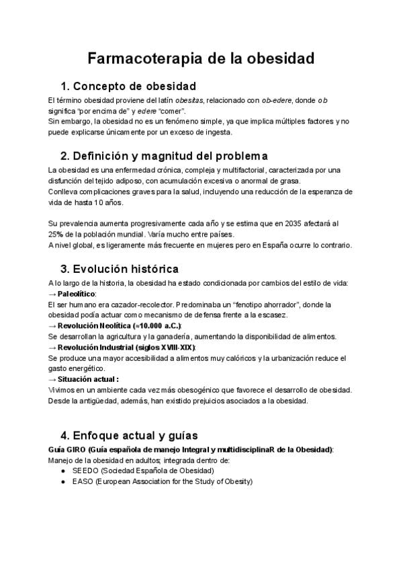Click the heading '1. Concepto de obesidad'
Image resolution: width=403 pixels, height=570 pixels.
pyautogui.click(x=128, y=86)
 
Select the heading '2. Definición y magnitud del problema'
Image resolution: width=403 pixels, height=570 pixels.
pyautogui.click(x=165, y=156)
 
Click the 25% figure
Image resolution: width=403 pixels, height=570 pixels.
pyautogui.click(x=56, y=234)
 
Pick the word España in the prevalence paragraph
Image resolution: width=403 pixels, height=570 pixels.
pyautogui.click(x=275, y=245)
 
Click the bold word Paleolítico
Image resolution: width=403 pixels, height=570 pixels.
pyautogui.click(x=77, y=294)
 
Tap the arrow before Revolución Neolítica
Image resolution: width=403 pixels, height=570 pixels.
pyautogui.click(x=52, y=325)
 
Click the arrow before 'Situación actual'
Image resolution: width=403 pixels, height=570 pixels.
pyautogui.click(x=52, y=379)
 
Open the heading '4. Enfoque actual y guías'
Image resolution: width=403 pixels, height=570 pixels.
pyautogui.click(x=129, y=435)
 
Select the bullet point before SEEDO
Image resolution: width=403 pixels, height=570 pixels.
pyautogui.click(x=63, y=471)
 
